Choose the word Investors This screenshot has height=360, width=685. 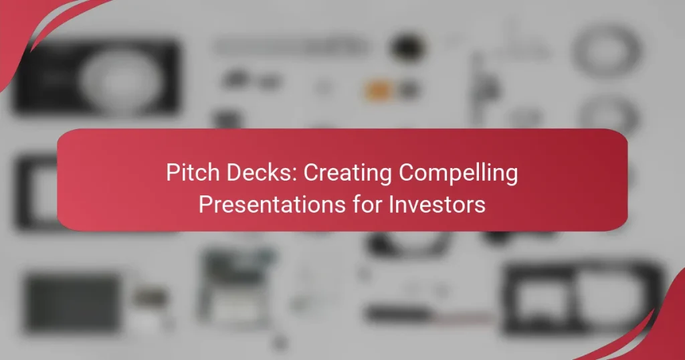click(x=439, y=204)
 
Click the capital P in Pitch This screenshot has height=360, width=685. click(x=172, y=174)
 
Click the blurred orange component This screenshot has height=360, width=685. click(x=377, y=89)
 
